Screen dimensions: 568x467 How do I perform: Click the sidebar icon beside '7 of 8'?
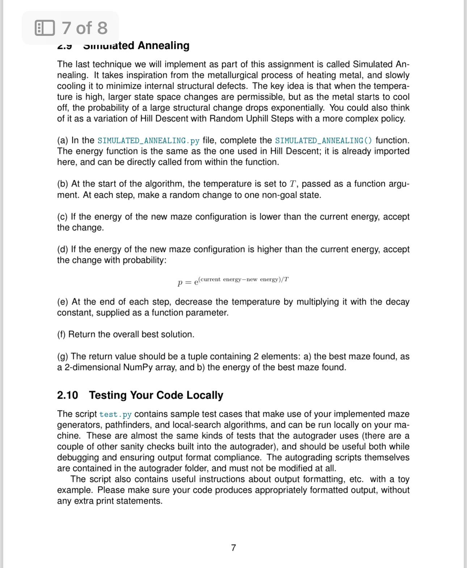pos(45,28)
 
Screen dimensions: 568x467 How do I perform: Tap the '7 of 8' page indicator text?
pos(85,28)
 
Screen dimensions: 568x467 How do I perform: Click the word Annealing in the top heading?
pos(163,46)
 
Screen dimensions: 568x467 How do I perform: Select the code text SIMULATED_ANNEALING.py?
pos(148,141)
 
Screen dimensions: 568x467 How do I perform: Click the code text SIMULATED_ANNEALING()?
pos(323,141)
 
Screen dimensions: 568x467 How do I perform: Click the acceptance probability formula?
pos(233,281)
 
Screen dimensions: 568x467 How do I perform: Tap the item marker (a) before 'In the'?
pos(63,140)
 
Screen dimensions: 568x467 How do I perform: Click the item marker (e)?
pos(63,302)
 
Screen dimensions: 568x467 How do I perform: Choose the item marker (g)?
pos(63,357)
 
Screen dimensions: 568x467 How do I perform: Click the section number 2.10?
pos(67,395)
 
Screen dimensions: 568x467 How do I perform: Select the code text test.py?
pos(115,415)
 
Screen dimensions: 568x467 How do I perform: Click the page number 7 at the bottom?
pos(233,548)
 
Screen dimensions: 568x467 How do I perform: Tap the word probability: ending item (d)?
pos(144,260)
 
